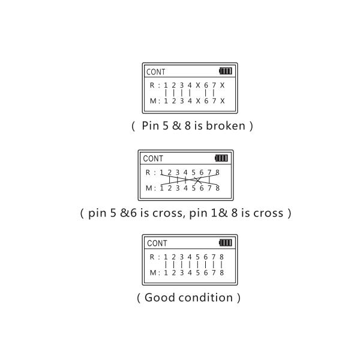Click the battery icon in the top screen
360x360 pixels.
coord(225,71)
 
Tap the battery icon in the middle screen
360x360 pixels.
coord(221,158)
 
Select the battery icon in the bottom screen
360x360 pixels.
coord(226,243)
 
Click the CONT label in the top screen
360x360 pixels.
coord(156,72)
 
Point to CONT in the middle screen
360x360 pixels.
coord(152,159)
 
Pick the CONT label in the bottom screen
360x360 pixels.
coord(157,244)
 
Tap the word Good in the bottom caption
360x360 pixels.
coord(159,298)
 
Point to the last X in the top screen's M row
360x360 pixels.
coord(222,101)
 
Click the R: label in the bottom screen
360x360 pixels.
coord(154,257)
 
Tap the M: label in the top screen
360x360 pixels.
coord(154,101)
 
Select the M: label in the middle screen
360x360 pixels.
coord(150,188)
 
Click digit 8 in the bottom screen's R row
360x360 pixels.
coord(221,257)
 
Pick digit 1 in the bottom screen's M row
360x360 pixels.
coord(165,272)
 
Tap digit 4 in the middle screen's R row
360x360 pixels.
coord(185,172)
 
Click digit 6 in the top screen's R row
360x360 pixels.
coord(206,85)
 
